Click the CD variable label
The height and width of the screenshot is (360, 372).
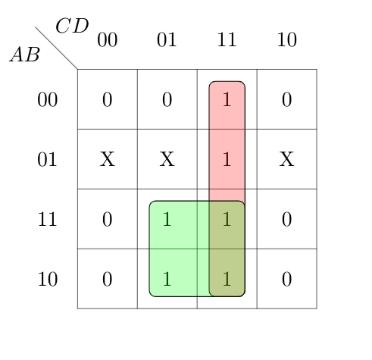(72, 26)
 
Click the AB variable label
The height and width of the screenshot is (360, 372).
(25, 55)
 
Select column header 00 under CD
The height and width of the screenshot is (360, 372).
(108, 39)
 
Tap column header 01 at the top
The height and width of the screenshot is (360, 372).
(167, 39)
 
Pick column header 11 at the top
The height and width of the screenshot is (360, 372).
(227, 39)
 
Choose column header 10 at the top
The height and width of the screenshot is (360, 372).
(286, 39)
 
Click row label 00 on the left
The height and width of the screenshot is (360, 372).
(48, 99)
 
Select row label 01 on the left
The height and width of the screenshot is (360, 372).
(47, 159)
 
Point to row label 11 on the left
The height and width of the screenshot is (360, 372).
(47, 219)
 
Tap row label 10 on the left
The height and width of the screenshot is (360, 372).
(48, 279)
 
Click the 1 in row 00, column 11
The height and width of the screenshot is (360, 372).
(227, 99)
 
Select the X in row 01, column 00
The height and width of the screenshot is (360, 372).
(108, 159)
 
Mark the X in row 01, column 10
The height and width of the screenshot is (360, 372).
(286, 159)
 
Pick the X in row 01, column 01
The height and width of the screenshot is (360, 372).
(167, 159)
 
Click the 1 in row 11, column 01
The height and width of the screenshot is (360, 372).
(167, 219)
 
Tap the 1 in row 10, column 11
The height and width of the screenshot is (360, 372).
(227, 279)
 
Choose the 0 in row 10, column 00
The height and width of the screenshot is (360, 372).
(108, 279)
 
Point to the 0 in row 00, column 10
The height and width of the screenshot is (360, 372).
(286, 99)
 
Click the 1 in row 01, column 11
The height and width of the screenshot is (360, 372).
(227, 159)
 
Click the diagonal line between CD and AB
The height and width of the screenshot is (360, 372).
(56, 48)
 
